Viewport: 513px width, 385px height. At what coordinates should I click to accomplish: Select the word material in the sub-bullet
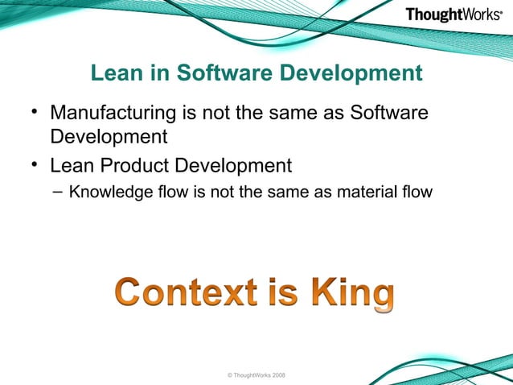(x=366, y=192)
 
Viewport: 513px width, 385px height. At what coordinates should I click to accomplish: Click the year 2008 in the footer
(x=277, y=375)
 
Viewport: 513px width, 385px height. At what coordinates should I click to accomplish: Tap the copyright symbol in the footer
(x=231, y=375)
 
